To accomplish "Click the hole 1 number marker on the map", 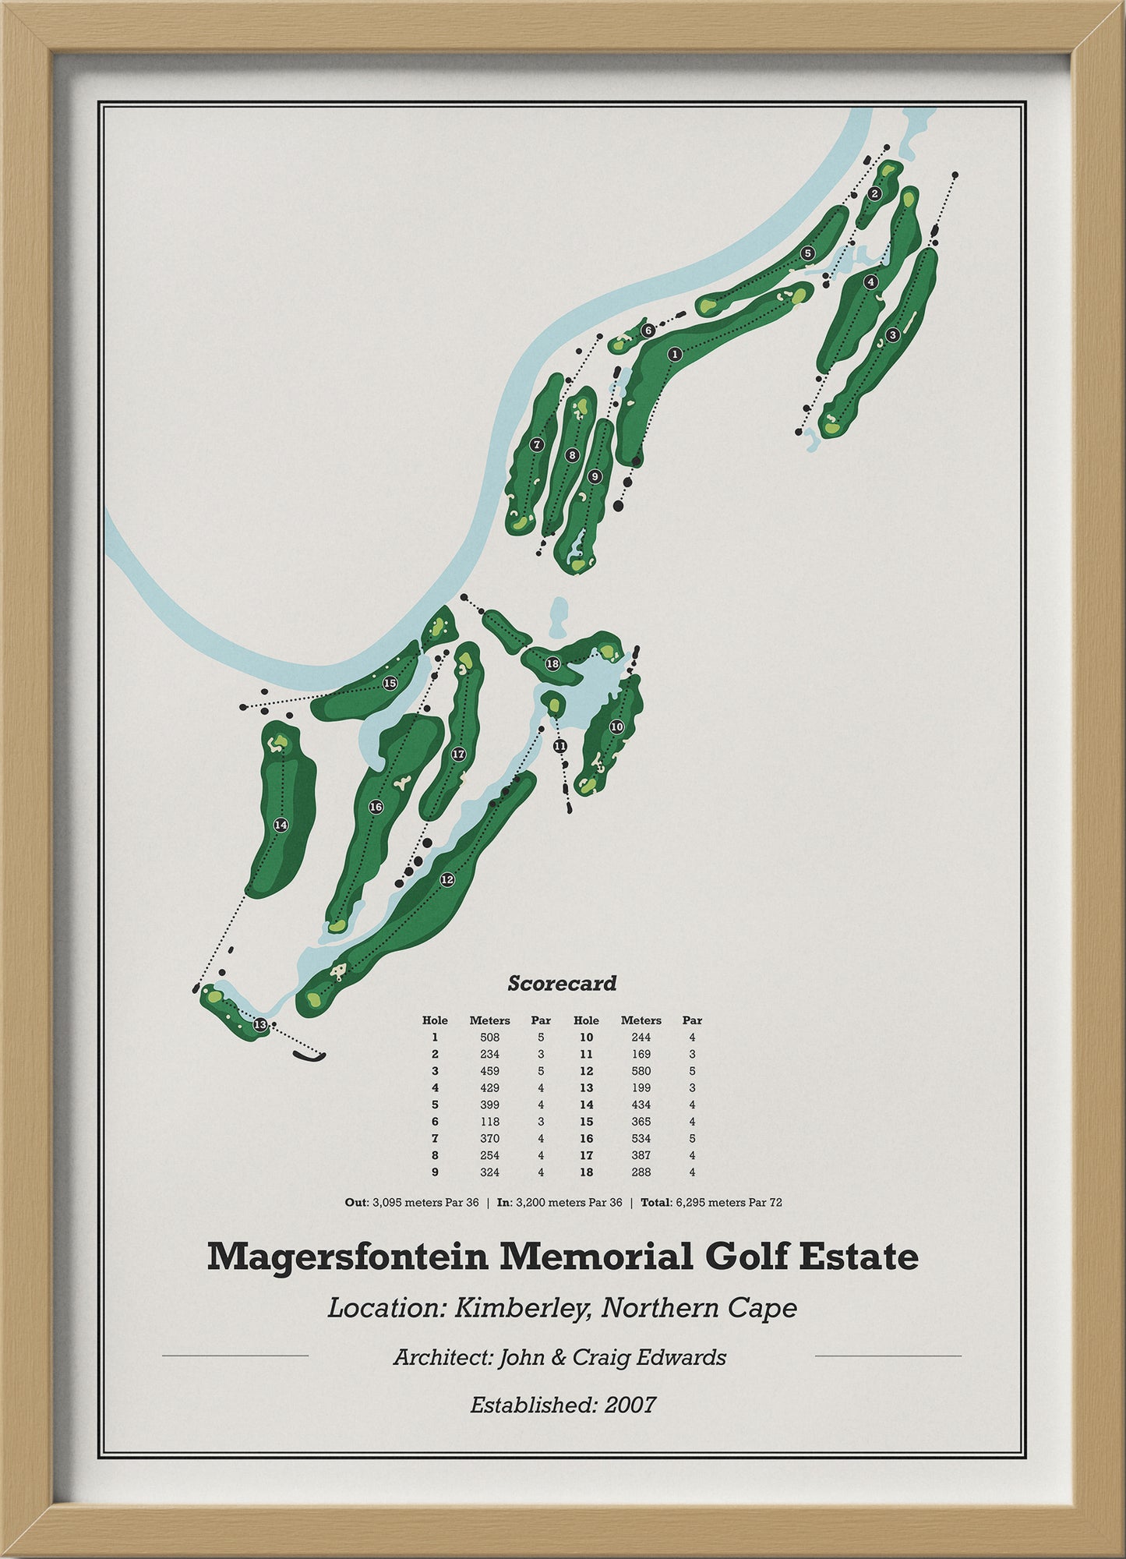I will click(x=675, y=354).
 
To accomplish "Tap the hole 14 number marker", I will click(x=281, y=825).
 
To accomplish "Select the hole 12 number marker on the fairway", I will click(x=447, y=879).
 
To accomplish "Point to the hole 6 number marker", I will click(x=648, y=331).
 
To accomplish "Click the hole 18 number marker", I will click(x=552, y=663).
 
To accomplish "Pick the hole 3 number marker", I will click(x=893, y=334).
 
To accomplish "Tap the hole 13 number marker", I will click(x=260, y=1024).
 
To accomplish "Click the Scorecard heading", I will click(x=562, y=984).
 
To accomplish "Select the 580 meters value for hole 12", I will click(x=641, y=1071).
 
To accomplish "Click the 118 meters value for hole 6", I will click(x=489, y=1122).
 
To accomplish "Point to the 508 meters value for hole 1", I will click(x=489, y=1038).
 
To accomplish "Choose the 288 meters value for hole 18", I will click(x=641, y=1172).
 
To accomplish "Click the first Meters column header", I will click(x=489, y=1020).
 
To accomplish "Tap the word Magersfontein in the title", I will click(x=347, y=1257).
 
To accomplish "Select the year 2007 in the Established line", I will click(x=630, y=1405).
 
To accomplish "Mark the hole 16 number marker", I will click(x=376, y=807).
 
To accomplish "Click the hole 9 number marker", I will click(x=595, y=476).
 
